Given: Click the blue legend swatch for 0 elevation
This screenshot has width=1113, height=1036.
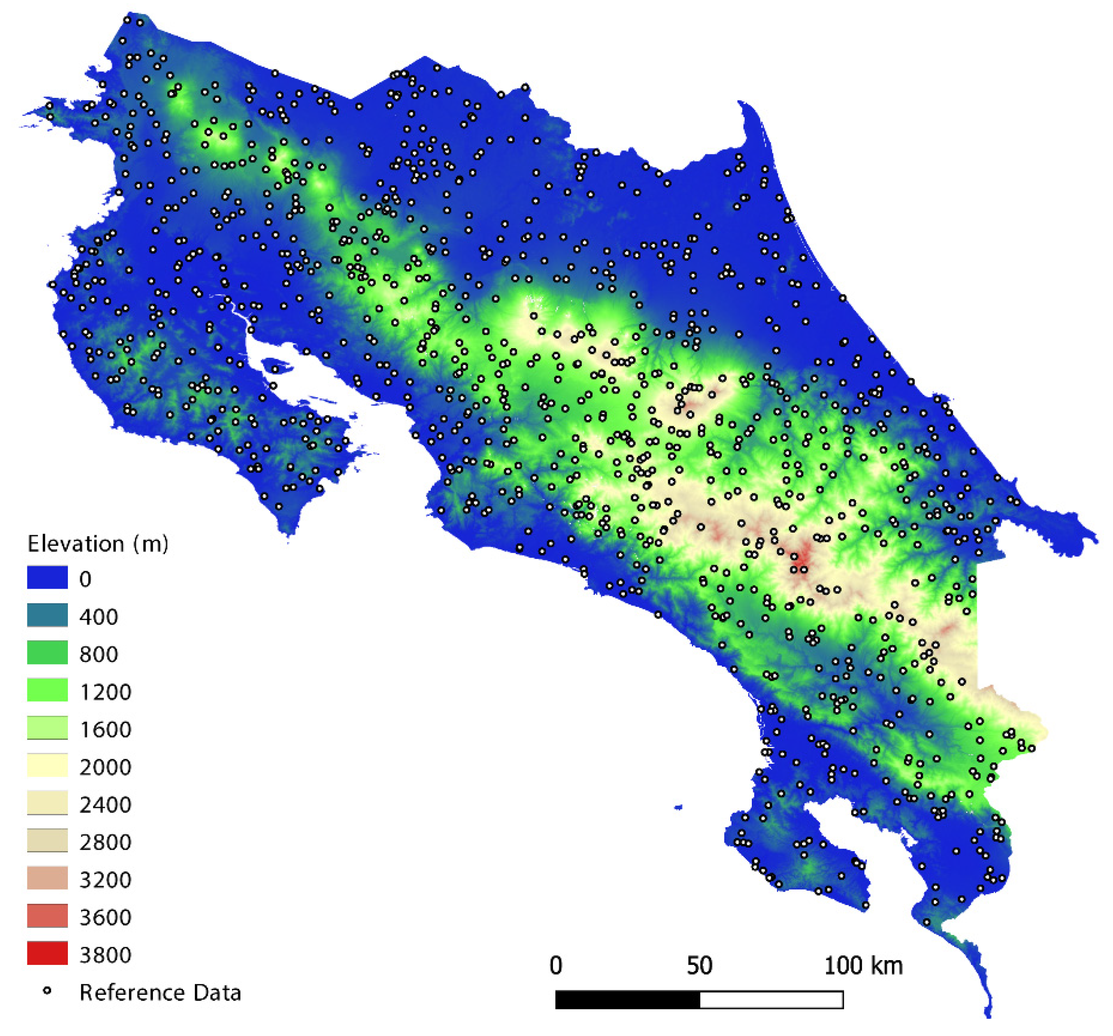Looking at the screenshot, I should pyautogui.click(x=48, y=578).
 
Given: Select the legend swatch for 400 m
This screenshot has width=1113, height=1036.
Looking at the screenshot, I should pyautogui.click(x=48, y=615).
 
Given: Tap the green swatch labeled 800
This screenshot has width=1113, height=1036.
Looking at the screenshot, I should pyautogui.click(x=48, y=653).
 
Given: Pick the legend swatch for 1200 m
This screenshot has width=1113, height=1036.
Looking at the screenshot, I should pyautogui.click(x=48, y=690).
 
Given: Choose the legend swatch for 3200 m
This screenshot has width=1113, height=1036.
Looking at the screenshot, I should pyautogui.click(x=48, y=878).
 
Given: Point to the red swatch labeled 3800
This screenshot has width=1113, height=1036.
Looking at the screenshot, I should pyautogui.click(x=48, y=953).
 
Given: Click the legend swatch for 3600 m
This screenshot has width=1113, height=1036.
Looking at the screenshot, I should pyautogui.click(x=48, y=916).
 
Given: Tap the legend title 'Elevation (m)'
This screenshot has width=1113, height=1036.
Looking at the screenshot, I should pyautogui.click(x=98, y=544).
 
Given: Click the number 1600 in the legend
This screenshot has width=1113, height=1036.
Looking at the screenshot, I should pyautogui.click(x=105, y=729).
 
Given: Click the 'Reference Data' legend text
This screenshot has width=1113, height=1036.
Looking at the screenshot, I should pyautogui.click(x=160, y=992).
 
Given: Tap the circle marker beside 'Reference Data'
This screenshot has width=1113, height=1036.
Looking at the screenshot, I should pyautogui.click(x=48, y=991).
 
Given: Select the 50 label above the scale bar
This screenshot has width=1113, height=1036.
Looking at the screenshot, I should pyautogui.click(x=699, y=965).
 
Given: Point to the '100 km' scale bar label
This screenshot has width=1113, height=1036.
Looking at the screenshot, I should pyautogui.click(x=863, y=965).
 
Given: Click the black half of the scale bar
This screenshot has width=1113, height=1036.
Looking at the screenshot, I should pyautogui.click(x=627, y=999).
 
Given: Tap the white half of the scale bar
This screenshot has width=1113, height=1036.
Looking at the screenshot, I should pyautogui.click(x=772, y=999).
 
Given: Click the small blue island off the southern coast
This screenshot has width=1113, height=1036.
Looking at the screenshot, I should pyautogui.click(x=679, y=807).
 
